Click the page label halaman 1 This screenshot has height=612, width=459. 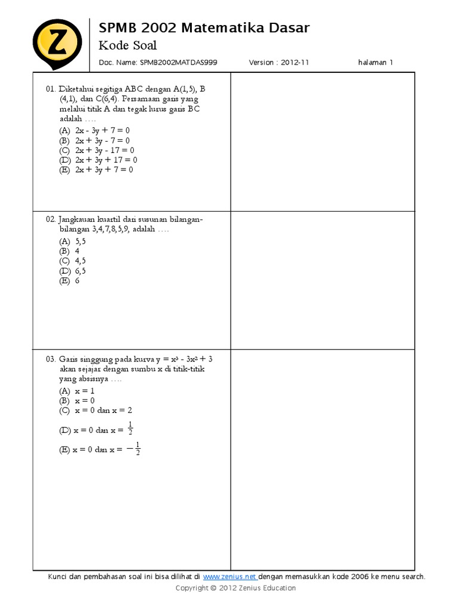(x=375, y=62)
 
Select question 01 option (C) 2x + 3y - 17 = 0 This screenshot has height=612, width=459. (x=97, y=150)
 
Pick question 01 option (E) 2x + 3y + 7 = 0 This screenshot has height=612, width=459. (x=96, y=170)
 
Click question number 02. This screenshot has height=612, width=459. (x=50, y=220)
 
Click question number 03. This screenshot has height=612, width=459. (x=50, y=359)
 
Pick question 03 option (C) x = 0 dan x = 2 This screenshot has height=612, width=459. (x=95, y=411)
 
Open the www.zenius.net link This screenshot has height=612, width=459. (x=230, y=577)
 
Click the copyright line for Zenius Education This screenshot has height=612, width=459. (x=235, y=588)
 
